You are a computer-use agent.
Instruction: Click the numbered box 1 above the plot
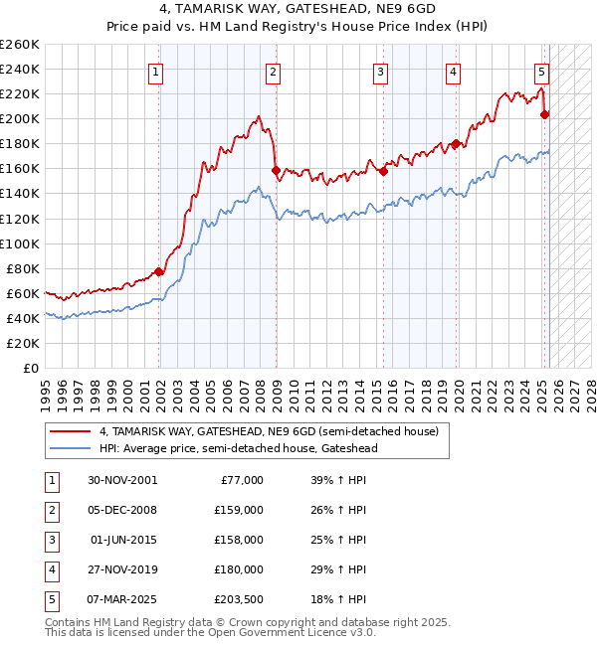tap(158, 72)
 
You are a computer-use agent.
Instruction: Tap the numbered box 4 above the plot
tap(453, 72)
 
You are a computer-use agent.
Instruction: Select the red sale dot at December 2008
tap(276, 170)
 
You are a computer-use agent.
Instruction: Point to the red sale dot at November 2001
tap(159, 271)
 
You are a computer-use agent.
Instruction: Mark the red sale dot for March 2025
tap(544, 114)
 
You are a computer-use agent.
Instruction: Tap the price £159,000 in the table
tap(239, 510)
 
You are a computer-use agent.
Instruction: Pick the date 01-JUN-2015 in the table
tap(123, 540)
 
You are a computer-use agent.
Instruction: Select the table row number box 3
tap(49, 540)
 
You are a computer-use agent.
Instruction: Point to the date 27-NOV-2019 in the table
tap(122, 569)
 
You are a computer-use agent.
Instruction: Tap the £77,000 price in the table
tap(242, 480)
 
